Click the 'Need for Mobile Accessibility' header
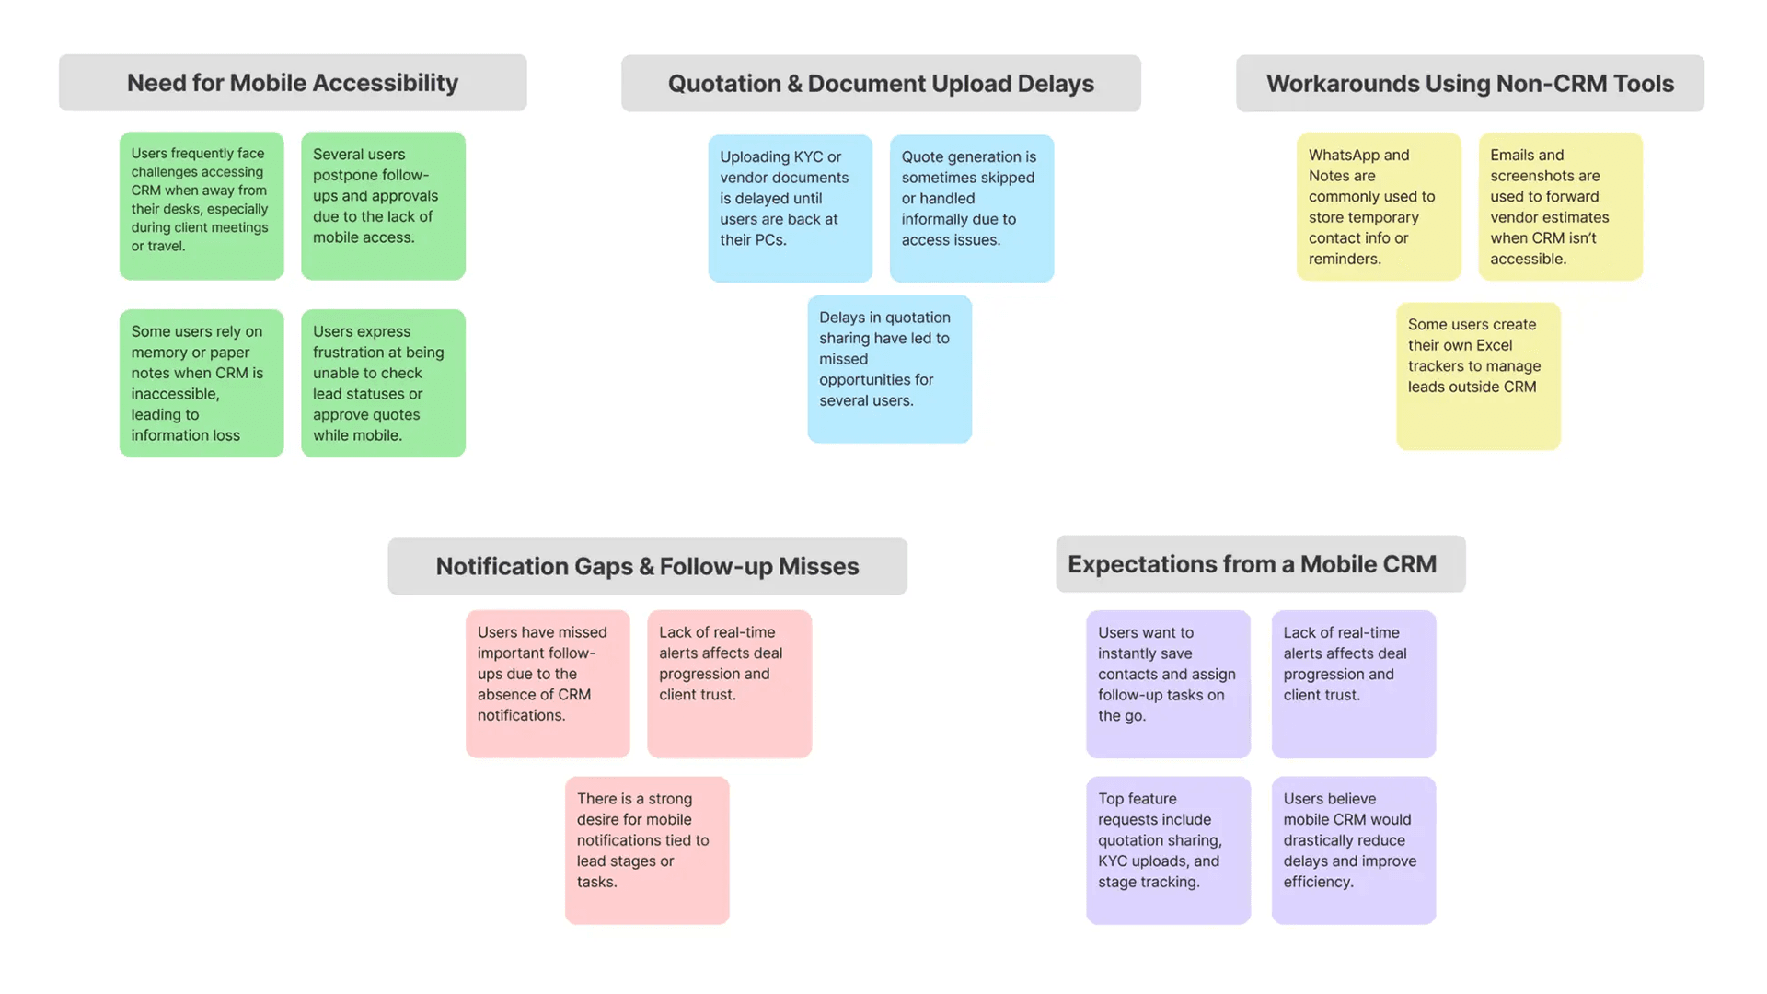(293, 83)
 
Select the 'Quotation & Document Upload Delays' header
(881, 84)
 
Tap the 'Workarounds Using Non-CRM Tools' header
(1470, 84)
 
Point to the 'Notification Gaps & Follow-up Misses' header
(647, 566)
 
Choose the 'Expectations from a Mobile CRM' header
(1261, 564)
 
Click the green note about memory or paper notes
(202, 383)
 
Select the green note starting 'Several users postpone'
(383, 206)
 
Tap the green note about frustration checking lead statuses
(383, 383)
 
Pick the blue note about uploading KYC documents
(790, 209)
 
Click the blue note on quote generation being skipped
(972, 209)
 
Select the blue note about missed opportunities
(889, 369)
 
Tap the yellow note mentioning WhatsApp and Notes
(1379, 207)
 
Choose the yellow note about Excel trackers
(1478, 376)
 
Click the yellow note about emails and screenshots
(1560, 207)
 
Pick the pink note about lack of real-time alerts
(729, 684)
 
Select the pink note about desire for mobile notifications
(647, 850)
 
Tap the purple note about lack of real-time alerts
(1354, 684)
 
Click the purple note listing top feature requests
(1168, 850)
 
